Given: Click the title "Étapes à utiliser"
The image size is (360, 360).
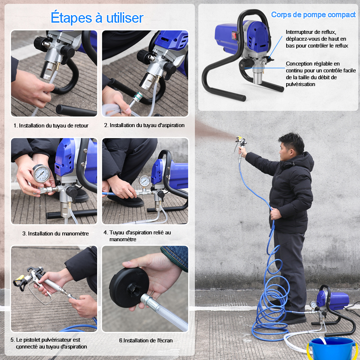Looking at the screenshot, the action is click(x=97, y=18).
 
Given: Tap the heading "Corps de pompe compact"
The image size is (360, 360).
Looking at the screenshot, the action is click(x=313, y=15).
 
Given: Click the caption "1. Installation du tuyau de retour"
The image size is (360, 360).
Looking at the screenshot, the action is click(x=51, y=126).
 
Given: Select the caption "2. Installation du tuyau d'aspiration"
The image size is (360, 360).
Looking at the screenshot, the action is click(x=144, y=125).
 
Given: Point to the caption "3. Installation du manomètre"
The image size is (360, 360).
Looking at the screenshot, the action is click(x=55, y=234).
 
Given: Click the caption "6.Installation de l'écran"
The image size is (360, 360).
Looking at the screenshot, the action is click(x=146, y=341).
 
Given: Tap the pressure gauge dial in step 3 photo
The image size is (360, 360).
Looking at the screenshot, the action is click(x=41, y=174).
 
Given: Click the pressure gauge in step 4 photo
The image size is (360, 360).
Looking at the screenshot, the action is click(x=144, y=181).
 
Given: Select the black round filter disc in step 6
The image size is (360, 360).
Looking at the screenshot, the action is click(x=129, y=287).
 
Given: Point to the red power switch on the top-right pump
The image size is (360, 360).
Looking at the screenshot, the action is click(x=234, y=36).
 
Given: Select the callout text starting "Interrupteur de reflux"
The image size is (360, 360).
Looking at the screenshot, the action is click(x=317, y=39).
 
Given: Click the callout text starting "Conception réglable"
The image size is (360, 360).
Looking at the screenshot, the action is click(x=321, y=74).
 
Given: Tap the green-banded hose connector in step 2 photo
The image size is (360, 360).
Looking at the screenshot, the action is click(x=138, y=96).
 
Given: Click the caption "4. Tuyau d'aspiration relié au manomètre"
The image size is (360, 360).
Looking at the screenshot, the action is click(x=137, y=236).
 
